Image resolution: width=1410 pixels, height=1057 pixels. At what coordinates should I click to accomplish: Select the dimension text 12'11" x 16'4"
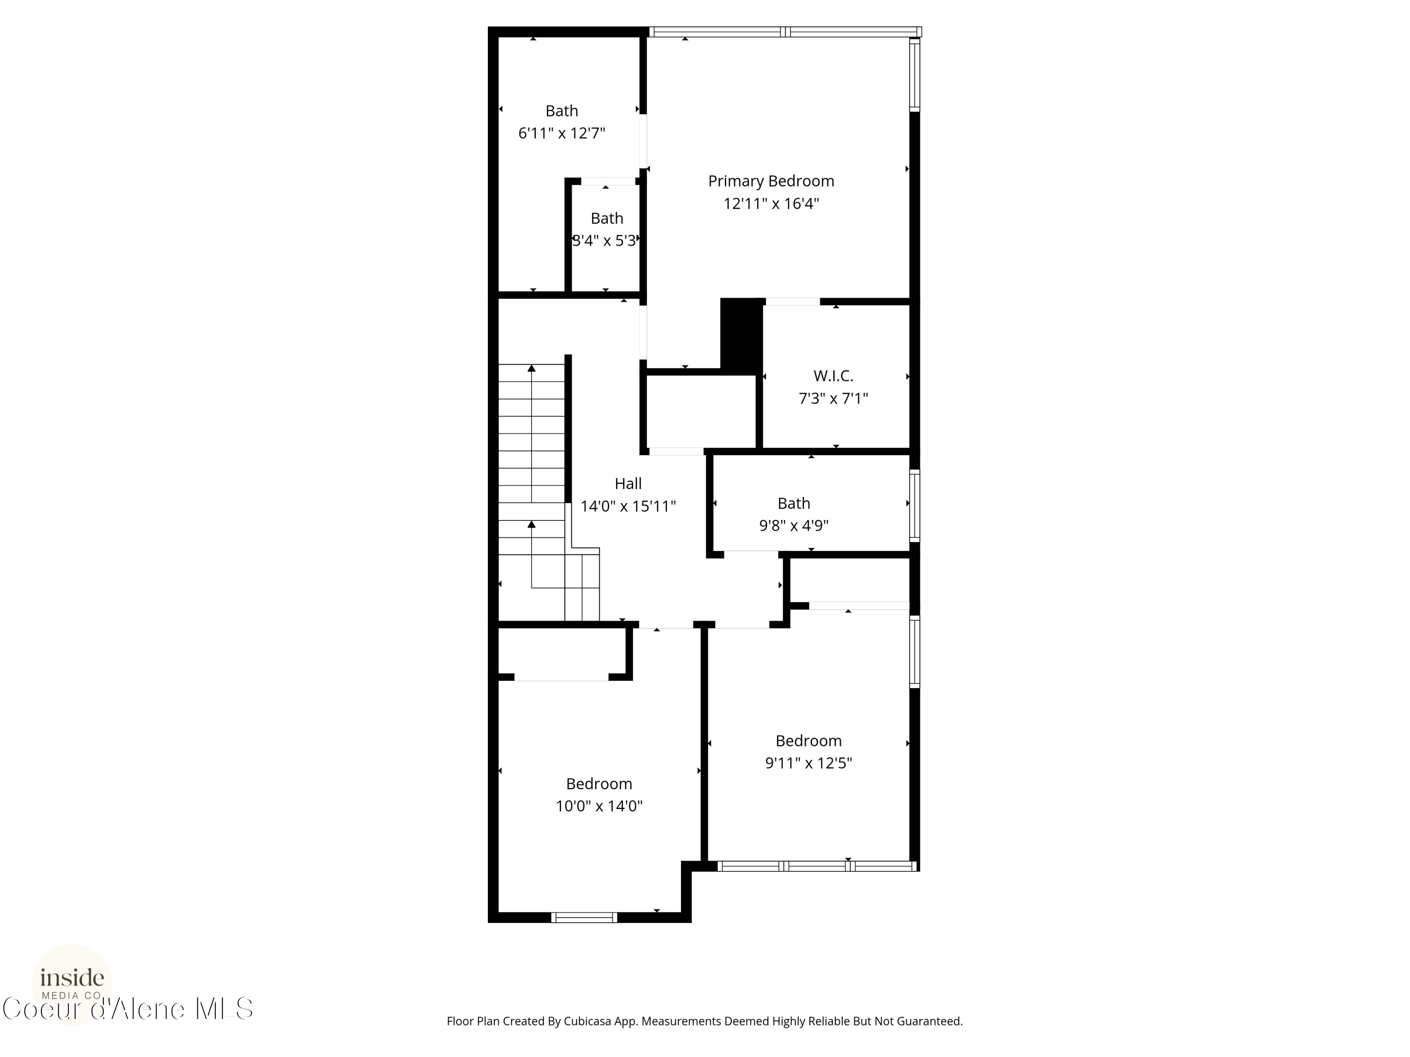pyautogui.click(x=771, y=204)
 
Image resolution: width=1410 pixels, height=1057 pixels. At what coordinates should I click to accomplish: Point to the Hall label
pyautogui.click(x=628, y=483)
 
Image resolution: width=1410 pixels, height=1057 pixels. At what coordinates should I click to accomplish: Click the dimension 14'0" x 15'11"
pyautogui.click(x=628, y=506)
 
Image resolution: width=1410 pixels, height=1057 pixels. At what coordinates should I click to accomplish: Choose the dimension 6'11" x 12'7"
pyautogui.click(x=562, y=133)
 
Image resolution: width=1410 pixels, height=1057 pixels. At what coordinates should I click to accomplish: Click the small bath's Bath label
pyautogui.click(x=607, y=218)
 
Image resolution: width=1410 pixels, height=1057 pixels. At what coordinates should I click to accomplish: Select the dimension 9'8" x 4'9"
pyautogui.click(x=794, y=526)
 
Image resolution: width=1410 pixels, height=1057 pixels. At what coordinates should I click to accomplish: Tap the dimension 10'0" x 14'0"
pyautogui.click(x=599, y=806)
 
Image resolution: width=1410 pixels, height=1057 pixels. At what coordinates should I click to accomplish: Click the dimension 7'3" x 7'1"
pyautogui.click(x=833, y=399)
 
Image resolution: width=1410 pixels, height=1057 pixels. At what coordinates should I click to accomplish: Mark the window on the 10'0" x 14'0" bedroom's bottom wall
pyautogui.click(x=584, y=917)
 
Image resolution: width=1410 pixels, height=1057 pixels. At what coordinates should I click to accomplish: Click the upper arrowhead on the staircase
pyautogui.click(x=532, y=368)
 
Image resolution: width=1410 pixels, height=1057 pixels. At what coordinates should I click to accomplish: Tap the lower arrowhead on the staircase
pyautogui.click(x=532, y=524)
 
